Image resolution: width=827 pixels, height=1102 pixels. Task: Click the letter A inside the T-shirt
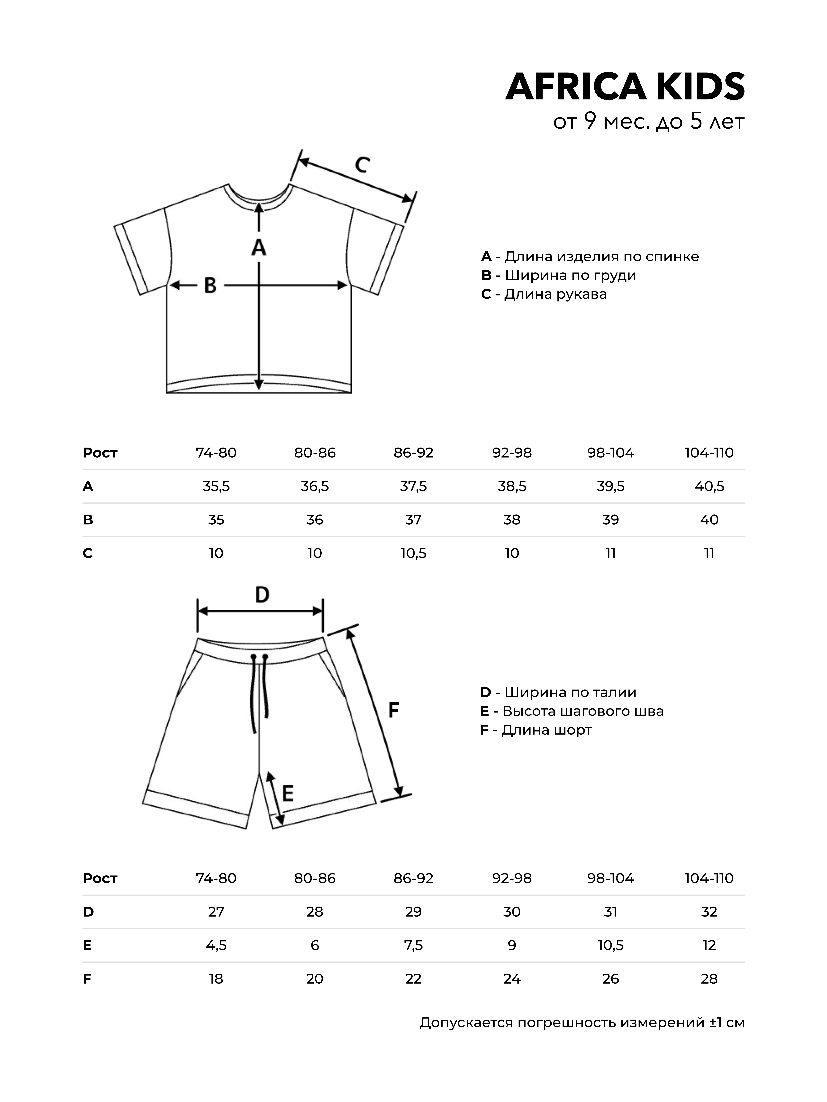[258, 248]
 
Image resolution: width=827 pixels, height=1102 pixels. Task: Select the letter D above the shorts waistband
[262, 595]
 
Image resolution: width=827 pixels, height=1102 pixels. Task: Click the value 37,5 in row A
[413, 486]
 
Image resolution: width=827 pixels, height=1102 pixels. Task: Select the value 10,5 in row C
[413, 553]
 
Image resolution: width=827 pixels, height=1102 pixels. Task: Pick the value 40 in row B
[709, 520]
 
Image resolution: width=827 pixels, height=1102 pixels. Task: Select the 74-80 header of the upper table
[216, 453]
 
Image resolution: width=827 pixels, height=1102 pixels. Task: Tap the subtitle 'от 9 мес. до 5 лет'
[649, 122]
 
